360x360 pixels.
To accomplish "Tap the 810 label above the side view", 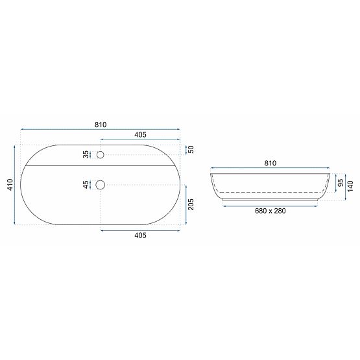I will tap(270, 163).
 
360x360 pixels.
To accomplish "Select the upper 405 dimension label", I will tap(140, 134).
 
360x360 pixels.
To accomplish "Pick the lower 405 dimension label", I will tap(140, 235).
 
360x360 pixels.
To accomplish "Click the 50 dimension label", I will tap(191, 150).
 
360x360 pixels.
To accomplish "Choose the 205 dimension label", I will tap(191, 205).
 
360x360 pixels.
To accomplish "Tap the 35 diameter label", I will tap(86, 154).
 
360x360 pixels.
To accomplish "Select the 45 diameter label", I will tap(86, 185).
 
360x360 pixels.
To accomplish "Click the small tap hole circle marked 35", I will tap(100, 154).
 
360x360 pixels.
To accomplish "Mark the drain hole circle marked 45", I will tap(100, 185).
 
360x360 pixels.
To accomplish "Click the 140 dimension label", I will tap(351, 186).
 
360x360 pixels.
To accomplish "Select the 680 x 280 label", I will tap(270, 211).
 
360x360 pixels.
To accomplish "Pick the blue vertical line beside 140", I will tap(345, 186).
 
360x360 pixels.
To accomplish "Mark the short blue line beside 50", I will tap(184, 150).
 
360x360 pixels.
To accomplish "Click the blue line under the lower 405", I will tap(140, 230).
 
